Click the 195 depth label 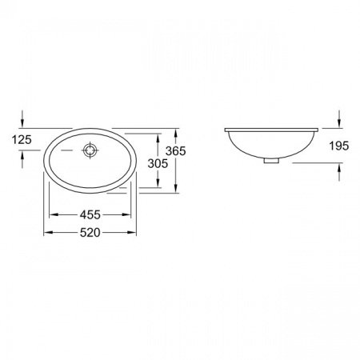point(339,146)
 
